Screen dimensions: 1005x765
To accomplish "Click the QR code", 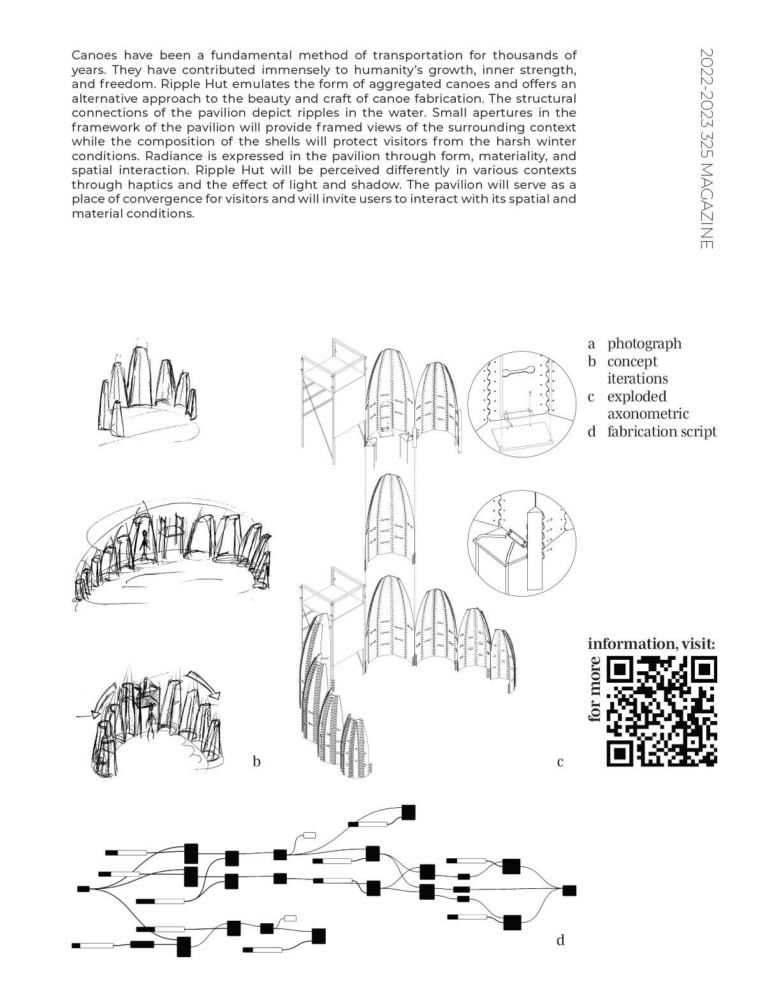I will pos(662,710).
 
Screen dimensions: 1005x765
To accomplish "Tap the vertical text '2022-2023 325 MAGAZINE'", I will pos(706,148).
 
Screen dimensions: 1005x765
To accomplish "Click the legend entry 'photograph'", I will pos(644,343).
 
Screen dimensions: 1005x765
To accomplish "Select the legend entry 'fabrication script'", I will pos(661,431).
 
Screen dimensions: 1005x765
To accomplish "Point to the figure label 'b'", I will pos(256,761).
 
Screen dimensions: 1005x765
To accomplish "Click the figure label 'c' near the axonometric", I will pos(560,761).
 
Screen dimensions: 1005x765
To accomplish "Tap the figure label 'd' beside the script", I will pos(560,939).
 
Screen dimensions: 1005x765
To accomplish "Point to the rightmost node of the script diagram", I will pos(569,890).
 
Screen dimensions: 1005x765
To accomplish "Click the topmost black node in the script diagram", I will pos(408,812).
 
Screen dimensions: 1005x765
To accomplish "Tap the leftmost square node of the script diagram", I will pos(83,888).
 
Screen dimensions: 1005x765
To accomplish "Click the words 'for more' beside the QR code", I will pos(595,689).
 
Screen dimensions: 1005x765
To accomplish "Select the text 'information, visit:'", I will pos(651,643).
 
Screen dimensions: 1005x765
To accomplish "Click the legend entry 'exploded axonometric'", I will pos(647,405).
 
